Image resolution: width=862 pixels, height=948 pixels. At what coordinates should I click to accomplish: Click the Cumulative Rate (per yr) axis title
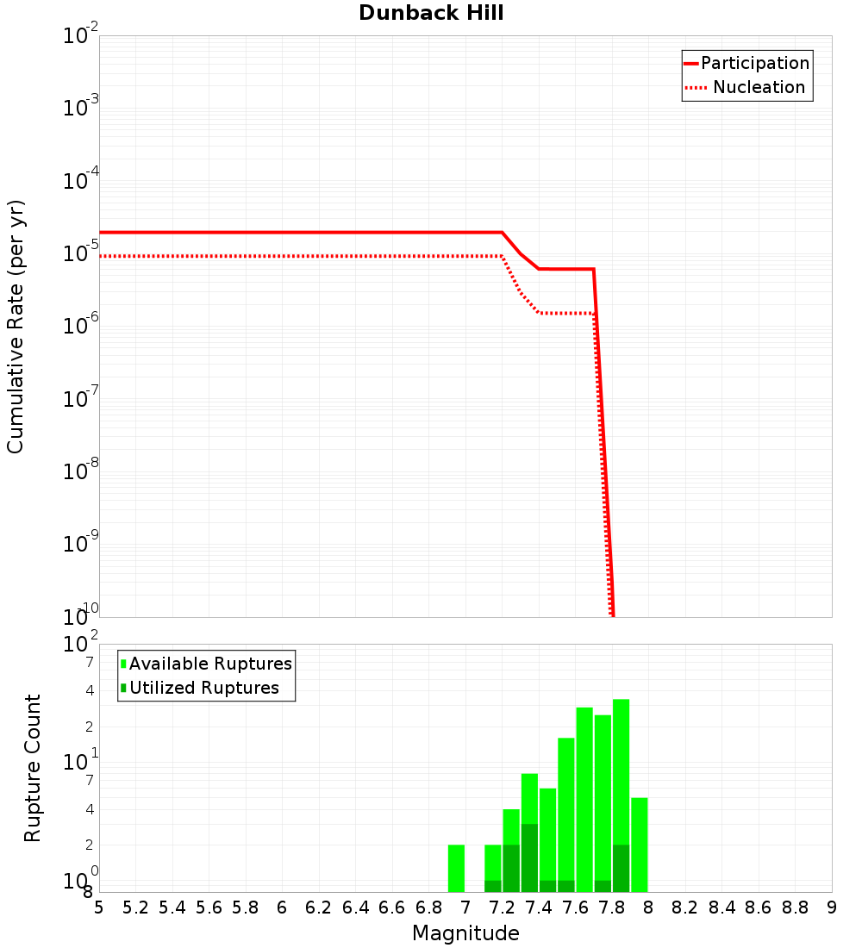16,327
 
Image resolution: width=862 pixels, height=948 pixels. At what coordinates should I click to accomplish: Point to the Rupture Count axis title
33,768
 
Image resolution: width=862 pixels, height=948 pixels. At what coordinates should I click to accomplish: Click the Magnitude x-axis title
465,933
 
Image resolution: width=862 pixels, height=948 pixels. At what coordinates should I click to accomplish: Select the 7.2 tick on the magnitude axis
502,907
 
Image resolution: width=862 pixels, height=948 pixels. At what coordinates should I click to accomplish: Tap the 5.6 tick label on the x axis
209,907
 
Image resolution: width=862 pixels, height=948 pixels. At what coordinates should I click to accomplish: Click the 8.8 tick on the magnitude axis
795,907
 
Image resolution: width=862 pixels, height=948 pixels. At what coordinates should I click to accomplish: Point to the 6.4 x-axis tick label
355,907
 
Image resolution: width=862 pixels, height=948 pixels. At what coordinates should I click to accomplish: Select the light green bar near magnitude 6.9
457,868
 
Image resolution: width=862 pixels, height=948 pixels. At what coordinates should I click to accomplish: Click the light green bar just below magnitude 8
639,845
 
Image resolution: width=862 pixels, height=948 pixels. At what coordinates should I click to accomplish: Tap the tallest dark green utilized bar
529,858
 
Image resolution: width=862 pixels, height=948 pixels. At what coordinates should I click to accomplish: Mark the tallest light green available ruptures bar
621,795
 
